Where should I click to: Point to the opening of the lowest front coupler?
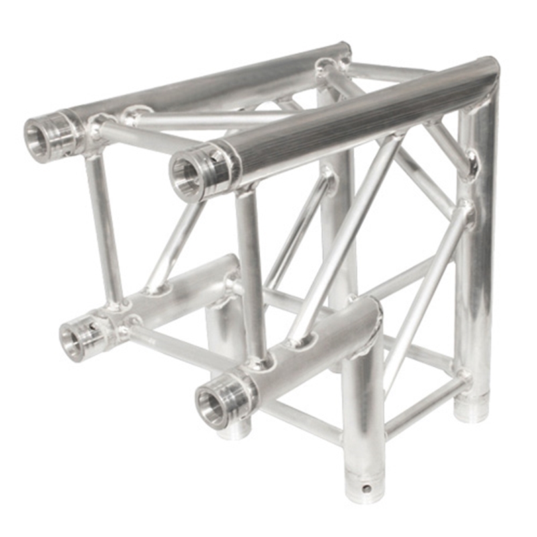pyautogui.click(x=211, y=406)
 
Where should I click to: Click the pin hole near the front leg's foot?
pyautogui.click(x=365, y=488)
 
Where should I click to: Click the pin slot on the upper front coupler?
pyautogui.click(x=215, y=158)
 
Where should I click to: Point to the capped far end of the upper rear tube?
pyautogui.click(x=344, y=50)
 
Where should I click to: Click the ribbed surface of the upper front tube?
pyautogui.click(x=349, y=114)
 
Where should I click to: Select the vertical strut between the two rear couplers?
pyautogui.click(x=104, y=228)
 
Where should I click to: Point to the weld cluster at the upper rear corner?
pyautogui.click(x=329, y=67)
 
